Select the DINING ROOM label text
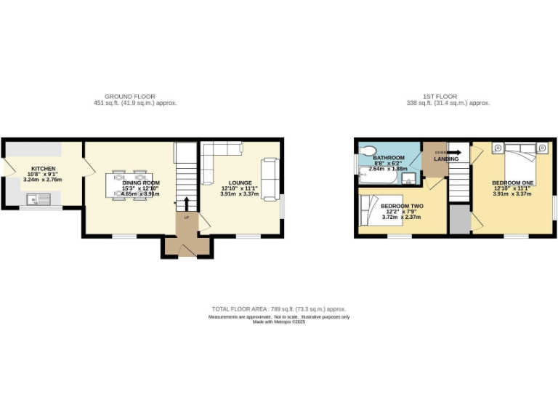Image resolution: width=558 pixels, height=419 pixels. (141, 183)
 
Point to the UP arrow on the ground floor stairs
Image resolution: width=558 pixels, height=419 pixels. (186, 203)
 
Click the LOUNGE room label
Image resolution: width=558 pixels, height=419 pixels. (239, 183)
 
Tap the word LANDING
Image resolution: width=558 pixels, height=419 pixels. (446, 159)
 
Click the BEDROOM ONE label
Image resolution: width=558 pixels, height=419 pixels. (512, 182)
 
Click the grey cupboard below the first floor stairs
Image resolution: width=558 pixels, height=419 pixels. (458, 219)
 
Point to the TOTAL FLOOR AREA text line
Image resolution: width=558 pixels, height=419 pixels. (279, 309)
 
